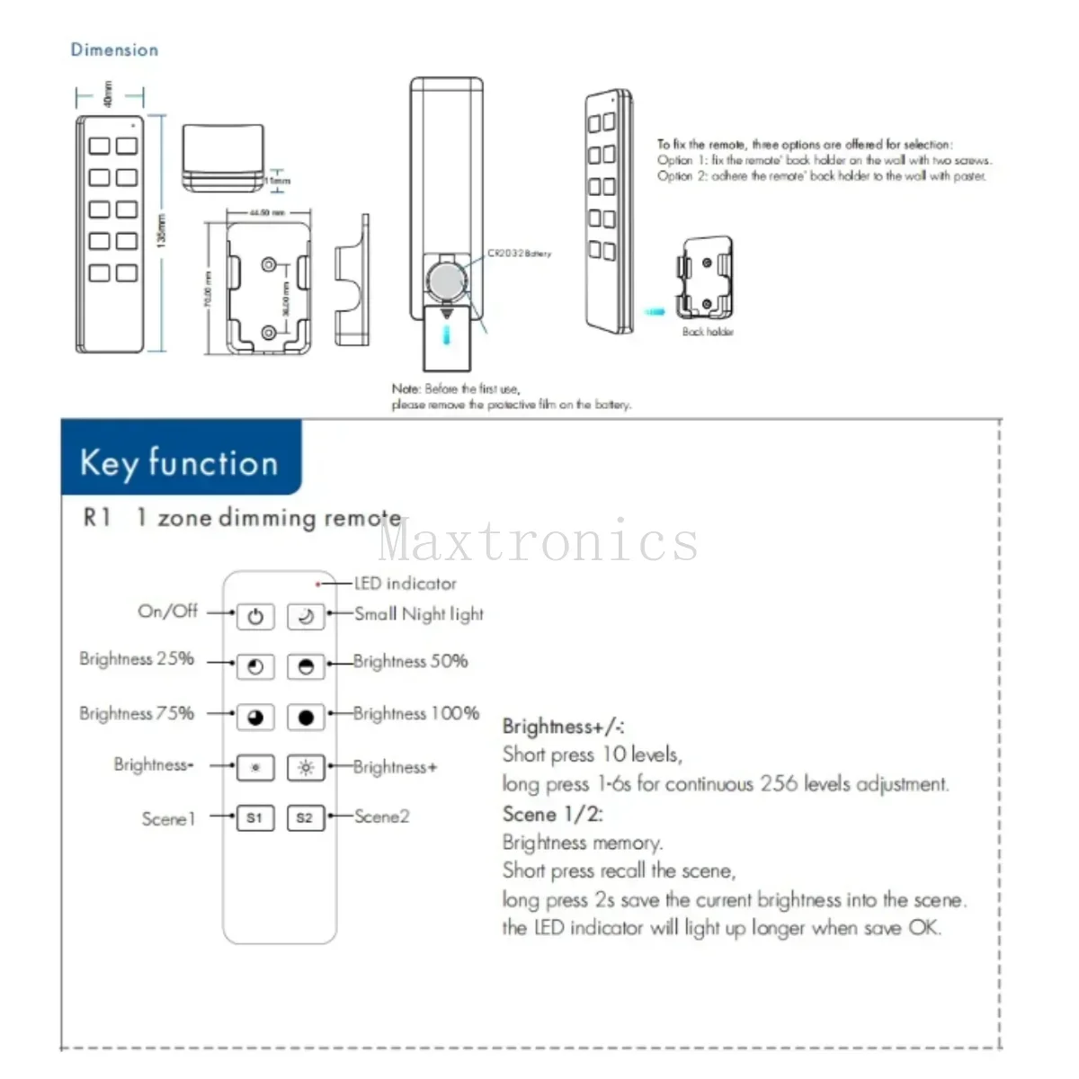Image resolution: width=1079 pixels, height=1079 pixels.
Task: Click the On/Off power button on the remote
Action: pyautogui.click(x=255, y=616)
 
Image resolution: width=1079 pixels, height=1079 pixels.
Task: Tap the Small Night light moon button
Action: pyautogui.click(x=305, y=616)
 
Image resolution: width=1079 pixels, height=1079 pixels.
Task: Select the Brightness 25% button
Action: pyautogui.click(x=255, y=666)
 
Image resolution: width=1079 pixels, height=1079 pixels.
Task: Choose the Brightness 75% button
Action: pyautogui.click(x=255, y=717)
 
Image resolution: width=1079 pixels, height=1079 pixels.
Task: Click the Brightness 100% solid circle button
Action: pyautogui.click(x=305, y=717)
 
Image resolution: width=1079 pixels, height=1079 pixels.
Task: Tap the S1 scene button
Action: pyautogui.click(x=255, y=817)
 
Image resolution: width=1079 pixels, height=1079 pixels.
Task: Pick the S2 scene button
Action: pyautogui.click(x=305, y=817)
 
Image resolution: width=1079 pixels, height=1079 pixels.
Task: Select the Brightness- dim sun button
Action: pyautogui.click(x=255, y=768)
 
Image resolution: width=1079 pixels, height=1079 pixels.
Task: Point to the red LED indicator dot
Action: pyautogui.click(x=318, y=584)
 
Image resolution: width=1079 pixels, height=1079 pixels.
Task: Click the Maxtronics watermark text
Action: pyautogui.click(x=538, y=541)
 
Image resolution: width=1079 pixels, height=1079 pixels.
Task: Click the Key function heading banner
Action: pyautogui.click(x=180, y=462)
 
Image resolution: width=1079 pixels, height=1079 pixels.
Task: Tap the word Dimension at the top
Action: pyautogui.click(x=114, y=50)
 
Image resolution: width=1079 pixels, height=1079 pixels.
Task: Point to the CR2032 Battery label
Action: pyautogui.click(x=520, y=254)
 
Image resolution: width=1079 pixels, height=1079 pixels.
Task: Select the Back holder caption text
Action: pyautogui.click(x=708, y=332)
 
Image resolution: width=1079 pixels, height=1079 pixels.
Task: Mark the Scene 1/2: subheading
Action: pyautogui.click(x=552, y=815)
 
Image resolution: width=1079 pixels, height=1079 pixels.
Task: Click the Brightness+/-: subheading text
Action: pyautogui.click(x=563, y=727)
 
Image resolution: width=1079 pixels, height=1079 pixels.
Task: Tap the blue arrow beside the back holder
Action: pyautogui.click(x=655, y=312)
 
